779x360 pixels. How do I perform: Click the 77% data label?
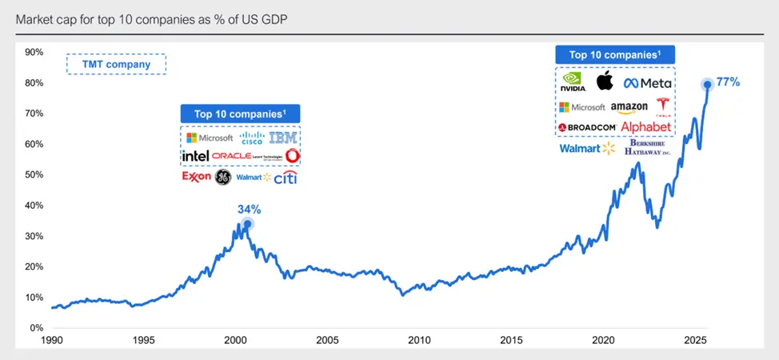click(x=728, y=82)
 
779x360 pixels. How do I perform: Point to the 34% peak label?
click(x=249, y=210)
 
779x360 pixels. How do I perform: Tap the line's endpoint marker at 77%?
click(x=707, y=84)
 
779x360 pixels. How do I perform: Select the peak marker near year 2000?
click(x=248, y=224)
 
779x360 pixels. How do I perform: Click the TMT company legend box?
click(x=116, y=64)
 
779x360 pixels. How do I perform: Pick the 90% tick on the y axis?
click(x=34, y=52)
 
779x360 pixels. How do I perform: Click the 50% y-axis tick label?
click(x=34, y=174)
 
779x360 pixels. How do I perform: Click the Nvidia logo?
click(x=573, y=82)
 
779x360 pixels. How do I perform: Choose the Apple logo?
click(x=605, y=82)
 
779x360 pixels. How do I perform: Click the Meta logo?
click(x=648, y=83)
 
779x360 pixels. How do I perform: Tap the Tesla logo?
click(x=661, y=106)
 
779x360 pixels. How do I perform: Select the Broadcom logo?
click(x=587, y=128)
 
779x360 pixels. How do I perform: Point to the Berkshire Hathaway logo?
click(x=648, y=148)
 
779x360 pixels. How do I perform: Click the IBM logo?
click(x=282, y=138)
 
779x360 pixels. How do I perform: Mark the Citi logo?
click(x=286, y=178)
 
